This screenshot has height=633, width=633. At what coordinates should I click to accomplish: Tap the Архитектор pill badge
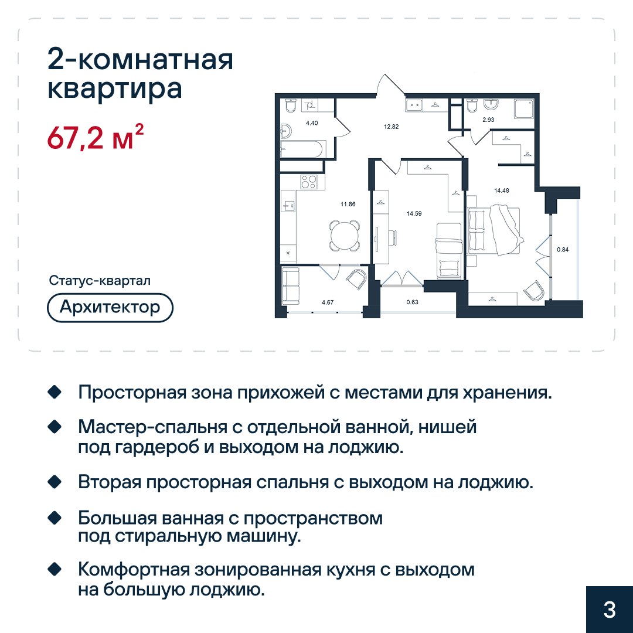(110, 308)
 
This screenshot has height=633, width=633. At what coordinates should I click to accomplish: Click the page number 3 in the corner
(610, 610)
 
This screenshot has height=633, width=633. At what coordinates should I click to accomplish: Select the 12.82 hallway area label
(391, 127)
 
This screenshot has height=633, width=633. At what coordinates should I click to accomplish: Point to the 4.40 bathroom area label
(312, 122)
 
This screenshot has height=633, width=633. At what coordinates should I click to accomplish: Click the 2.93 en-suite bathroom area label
(488, 120)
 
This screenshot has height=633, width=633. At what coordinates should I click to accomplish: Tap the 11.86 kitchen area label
(348, 205)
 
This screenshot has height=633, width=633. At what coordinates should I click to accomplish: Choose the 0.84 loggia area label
(563, 250)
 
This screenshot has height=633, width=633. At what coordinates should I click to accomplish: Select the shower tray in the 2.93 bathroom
(525, 108)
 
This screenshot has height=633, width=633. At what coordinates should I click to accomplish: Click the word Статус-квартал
(100, 281)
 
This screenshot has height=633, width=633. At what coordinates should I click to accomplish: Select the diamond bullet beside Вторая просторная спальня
(55, 482)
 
